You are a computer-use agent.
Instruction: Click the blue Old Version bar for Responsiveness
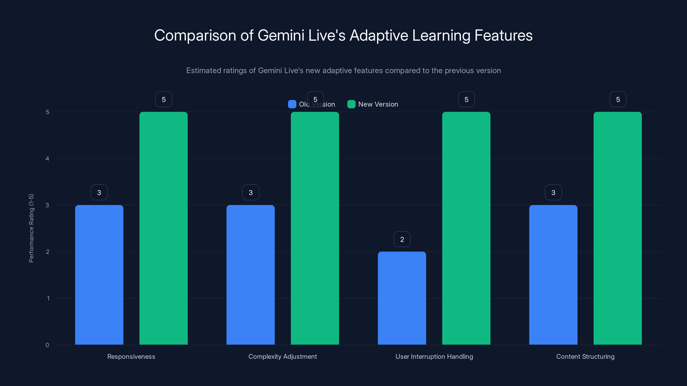click(99, 274)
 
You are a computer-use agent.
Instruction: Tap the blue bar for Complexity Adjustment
click(250, 274)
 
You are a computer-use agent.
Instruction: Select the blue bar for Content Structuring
click(553, 274)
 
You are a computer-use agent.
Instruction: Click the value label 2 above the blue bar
click(402, 239)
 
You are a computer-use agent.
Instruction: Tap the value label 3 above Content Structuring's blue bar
click(553, 192)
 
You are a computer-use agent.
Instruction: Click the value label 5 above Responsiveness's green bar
click(164, 99)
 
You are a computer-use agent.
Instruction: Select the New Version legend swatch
click(351, 104)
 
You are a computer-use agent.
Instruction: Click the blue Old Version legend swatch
click(292, 104)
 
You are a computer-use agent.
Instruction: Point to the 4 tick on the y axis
click(47, 159)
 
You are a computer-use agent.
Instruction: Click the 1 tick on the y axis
click(48, 298)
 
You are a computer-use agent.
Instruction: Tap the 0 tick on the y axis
click(47, 345)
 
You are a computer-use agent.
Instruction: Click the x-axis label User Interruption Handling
click(434, 356)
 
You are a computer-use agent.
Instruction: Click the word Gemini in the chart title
click(281, 35)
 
